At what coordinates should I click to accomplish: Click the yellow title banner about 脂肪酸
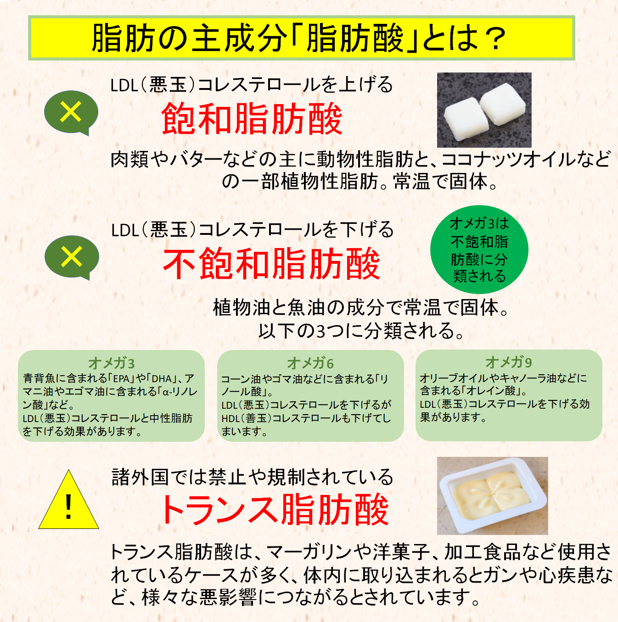click(x=301, y=38)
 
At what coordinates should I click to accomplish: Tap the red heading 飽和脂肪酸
click(x=252, y=119)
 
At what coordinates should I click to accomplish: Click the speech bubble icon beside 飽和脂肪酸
click(x=72, y=113)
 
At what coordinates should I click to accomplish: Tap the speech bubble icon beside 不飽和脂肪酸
click(x=72, y=258)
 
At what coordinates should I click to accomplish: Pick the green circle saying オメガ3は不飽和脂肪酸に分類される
click(x=479, y=250)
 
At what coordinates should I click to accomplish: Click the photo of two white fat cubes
click(x=484, y=110)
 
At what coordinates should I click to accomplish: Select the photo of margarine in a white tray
click(x=492, y=496)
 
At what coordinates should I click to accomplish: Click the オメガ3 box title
click(x=111, y=363)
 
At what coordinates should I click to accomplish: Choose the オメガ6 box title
click(x=310, y=363)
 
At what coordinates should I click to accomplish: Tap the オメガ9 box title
click(x=508, y=362)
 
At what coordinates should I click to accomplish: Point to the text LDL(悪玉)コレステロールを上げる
click(x=252, y=85)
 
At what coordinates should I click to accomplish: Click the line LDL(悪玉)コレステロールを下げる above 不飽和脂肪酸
click(x=252, y=230)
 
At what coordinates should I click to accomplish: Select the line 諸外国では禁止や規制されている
click(x=252, y=477)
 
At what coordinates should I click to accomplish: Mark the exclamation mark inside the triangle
click(x=68, y=507)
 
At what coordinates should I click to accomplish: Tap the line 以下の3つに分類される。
click(x=361, y=331)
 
